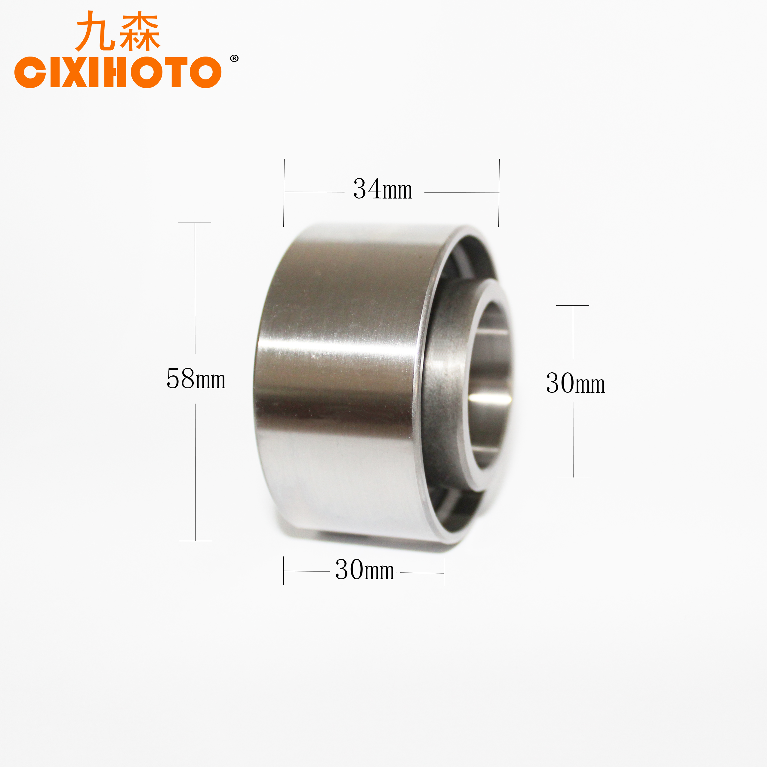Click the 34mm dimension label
click(383, 189)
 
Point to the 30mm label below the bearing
click(365, 570)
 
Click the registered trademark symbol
click(234, 58)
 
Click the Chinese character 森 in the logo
click(140, 32)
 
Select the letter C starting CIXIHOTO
click(30, 72)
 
